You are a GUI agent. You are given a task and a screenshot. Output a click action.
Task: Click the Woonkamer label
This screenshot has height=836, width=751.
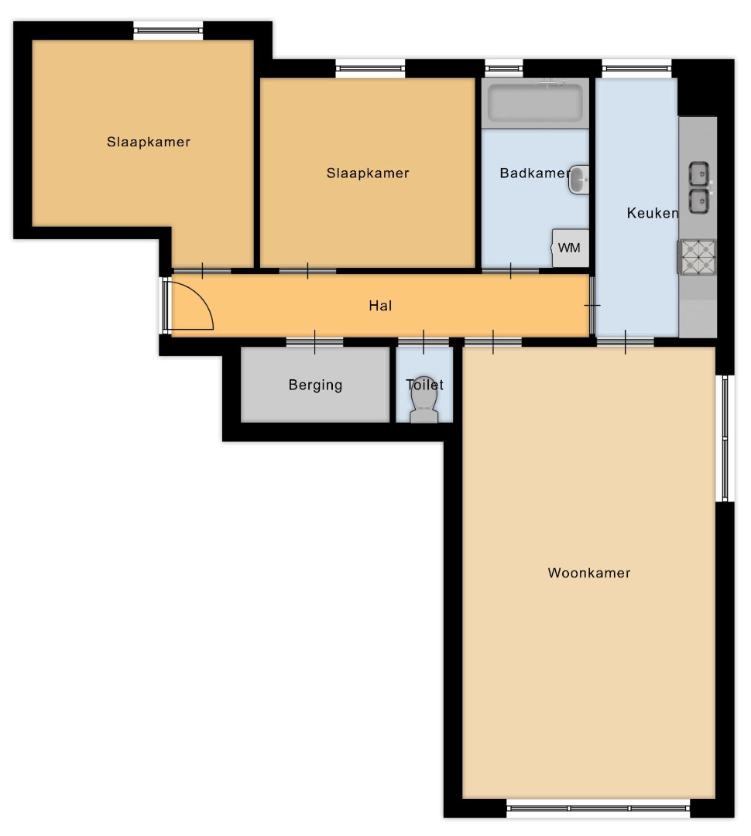(x=589, y=573)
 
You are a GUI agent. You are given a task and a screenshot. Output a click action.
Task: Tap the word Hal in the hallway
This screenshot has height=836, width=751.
(x=380, y=306)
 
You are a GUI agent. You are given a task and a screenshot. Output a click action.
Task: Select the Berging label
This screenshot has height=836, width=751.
(x=315, y=385)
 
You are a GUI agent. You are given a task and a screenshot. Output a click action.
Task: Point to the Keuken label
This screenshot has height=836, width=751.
(x=653, y=214)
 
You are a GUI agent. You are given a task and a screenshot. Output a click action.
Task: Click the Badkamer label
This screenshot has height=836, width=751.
(x=534, y=173)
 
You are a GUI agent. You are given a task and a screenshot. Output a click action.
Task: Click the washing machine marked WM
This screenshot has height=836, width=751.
(x=570, y=248)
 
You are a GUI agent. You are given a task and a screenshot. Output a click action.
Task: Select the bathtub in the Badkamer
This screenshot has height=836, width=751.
(x=535, y=103)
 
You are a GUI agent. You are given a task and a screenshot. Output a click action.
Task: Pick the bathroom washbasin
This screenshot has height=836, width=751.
(x=578, y=180)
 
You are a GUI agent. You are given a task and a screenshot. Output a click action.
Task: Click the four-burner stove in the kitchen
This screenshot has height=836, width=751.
(x=697, y=258)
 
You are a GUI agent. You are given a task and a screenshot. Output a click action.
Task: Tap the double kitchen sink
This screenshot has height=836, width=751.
(x=699, y=187)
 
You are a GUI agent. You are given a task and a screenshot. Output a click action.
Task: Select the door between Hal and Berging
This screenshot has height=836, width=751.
(x=314, y=342)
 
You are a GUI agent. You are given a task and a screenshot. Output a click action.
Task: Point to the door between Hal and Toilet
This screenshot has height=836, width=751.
(x=424, y=342)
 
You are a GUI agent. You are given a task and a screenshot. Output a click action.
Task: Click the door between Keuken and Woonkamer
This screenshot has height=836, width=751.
(x=625, y=342)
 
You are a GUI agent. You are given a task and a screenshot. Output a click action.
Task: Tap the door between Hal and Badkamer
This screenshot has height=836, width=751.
(x=510, y=271)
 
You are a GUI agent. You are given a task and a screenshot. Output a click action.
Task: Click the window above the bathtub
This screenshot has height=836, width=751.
(x=503, y=68)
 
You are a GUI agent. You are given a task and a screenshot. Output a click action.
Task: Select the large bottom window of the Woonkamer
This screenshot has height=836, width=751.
(x=598, y=808)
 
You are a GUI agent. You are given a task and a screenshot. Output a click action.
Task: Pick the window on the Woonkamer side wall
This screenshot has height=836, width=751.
(x=725, y=438)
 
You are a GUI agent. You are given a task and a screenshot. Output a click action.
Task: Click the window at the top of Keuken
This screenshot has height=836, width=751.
(x=637, y=68)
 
